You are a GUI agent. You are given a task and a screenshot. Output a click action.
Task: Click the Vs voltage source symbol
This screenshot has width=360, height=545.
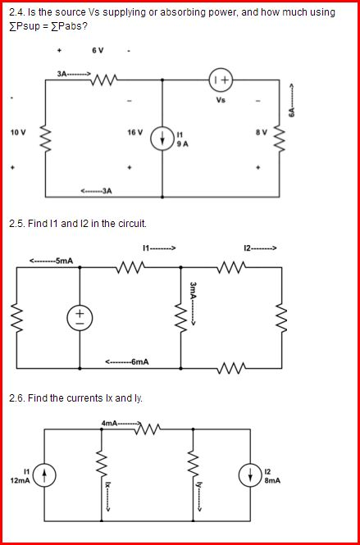tap(220, 79)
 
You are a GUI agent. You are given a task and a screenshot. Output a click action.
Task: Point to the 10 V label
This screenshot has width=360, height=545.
tap(17, 132)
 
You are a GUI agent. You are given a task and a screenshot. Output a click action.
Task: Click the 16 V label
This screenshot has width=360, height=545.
tap(134, 132)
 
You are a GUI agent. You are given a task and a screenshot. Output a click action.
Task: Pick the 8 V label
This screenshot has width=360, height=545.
tap(262, 132)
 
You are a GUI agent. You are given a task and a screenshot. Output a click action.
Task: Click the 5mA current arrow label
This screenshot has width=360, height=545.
tap(52, 261)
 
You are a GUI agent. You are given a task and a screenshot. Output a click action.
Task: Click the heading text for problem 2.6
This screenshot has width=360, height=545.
tap(74, 397)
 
